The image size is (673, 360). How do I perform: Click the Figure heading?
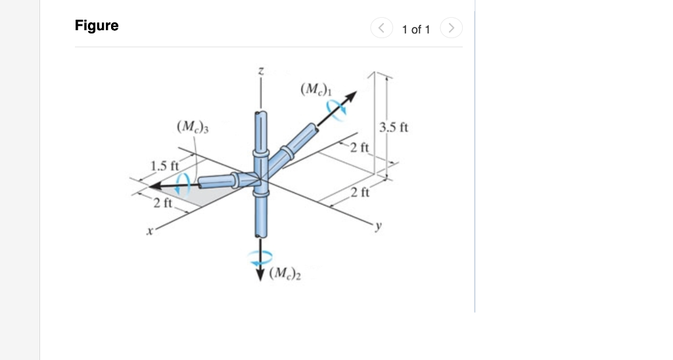[x=97, y=26]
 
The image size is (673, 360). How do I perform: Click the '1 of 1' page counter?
[x=415, y=29]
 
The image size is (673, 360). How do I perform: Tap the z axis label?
[x=261, y=72]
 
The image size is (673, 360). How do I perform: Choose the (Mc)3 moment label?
[x=192, y=125]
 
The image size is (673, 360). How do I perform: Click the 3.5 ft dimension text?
[x=394, y=127]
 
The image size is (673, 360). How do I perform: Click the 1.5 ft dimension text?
[x=164, y=165]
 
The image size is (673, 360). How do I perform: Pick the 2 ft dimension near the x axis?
[x=162, y=203]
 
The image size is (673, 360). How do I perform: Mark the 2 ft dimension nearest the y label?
[x=360, y=192]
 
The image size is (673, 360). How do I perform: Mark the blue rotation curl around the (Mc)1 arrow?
[x=338, y=111]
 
